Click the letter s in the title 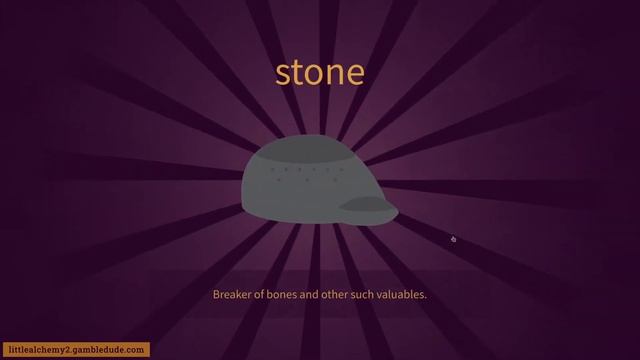click(x=283, y=73)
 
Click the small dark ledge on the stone click(x=366, y=205)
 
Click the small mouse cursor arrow click(x=453, y=239)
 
